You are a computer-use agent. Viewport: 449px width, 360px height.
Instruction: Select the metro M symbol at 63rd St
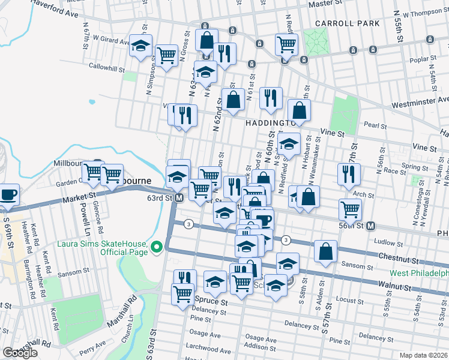click(x=179, y=197)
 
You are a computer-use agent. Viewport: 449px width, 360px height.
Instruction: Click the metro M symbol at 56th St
click(x=371, y=226)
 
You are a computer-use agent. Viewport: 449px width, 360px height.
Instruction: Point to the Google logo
click(x=20, y=353)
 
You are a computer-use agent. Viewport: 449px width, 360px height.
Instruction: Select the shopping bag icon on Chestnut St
click(x=325, y=252)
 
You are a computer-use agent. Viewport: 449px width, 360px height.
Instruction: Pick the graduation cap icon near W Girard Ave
click(x=140, y=46)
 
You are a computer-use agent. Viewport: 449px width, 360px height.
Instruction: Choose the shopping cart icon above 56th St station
click(x=350, y=209)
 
